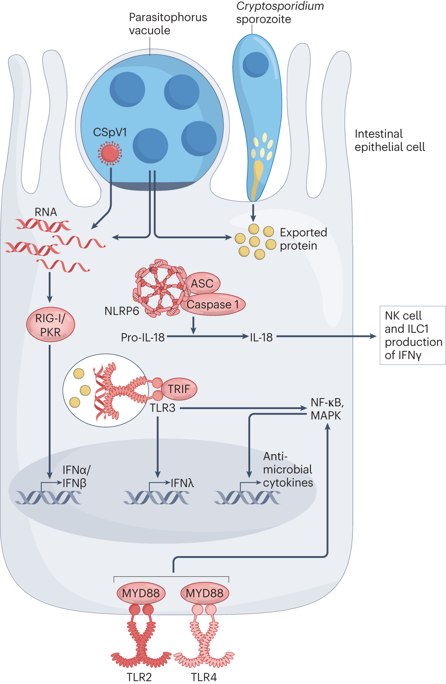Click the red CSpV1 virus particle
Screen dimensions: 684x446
[x=110, y=153]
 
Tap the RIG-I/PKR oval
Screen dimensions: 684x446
[x=51, y=325]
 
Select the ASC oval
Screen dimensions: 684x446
[x=203, y=283]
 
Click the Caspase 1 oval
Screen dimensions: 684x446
[x=213, y=304]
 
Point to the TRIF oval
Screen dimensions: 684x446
[x=179, y=389]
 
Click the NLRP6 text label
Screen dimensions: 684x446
[x=122, y=311]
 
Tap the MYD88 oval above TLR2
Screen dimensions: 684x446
[x=141, y=593]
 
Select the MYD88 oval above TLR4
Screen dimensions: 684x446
[x=205, y=593]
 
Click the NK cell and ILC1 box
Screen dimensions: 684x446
[x=413, y=335]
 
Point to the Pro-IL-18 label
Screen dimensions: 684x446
[x=143, y=337]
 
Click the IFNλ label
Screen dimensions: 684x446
[x=182, y=483]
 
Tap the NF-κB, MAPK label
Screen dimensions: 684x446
[x=327, y=409]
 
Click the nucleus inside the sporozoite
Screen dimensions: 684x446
[x=256, y=65]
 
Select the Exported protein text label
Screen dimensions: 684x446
[x=303, y=239]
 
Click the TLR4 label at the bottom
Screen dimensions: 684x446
[x=204, y=677]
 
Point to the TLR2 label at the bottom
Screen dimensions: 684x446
[x=139, y=677]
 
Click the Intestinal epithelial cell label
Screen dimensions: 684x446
[x=390, y=140]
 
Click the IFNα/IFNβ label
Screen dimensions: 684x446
[x=76, y=477]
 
